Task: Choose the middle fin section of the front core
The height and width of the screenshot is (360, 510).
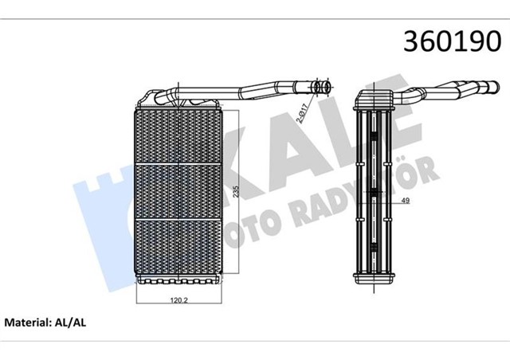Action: (177, 190)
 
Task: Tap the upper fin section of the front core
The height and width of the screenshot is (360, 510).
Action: (177, 135)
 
